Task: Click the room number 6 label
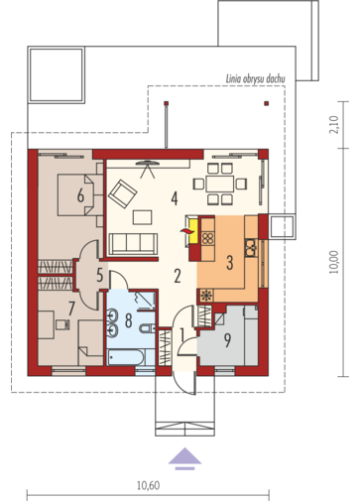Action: tap(80, 195)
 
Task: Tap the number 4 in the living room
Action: tap(175, 198)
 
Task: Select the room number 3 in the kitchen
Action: tap(229, 262)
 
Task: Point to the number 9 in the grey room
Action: tap(227, 340)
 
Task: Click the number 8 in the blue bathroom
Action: tap(129, 320)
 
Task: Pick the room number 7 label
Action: tap(71, 309)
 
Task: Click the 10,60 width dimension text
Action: tap(148, 485)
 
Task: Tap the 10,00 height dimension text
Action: tap(334, 262)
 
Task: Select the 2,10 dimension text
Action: tap(334, 124)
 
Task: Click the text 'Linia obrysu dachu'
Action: tap(255, 79)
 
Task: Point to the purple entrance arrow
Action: tap(184, 458)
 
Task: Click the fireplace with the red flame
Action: tap(192, 231)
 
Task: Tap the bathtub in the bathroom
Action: tap(126, 357)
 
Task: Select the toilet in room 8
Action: tap(147, 328)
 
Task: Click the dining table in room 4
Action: tap(220, 184)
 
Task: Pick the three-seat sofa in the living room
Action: tap(133, 244)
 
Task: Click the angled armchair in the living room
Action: tap(123, 193)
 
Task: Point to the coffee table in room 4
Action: tap(143, 217)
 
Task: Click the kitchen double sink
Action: tap(251, 248)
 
